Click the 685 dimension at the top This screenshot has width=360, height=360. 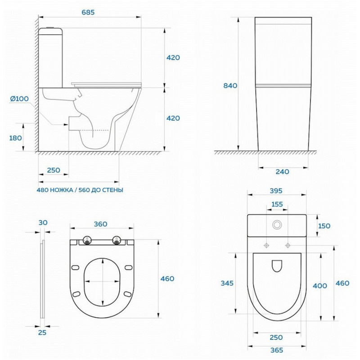88,13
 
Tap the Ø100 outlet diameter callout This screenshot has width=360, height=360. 19,99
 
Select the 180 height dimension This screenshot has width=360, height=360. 15,138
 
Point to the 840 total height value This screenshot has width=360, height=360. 230,85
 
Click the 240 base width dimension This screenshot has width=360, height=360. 283,172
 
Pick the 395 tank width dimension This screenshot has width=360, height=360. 276,191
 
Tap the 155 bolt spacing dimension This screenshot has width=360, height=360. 277,204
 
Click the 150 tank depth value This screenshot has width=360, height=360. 324,226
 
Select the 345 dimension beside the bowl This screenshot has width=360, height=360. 227,283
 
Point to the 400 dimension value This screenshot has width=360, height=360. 320,286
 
